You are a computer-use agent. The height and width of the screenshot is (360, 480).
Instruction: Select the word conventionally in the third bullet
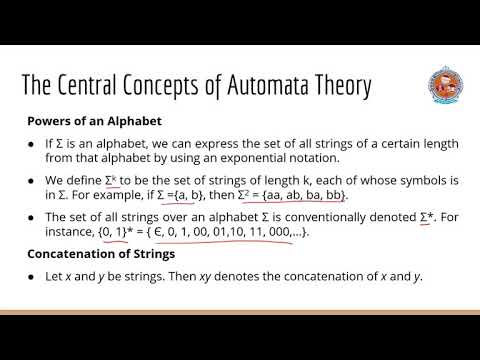point(336,217)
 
